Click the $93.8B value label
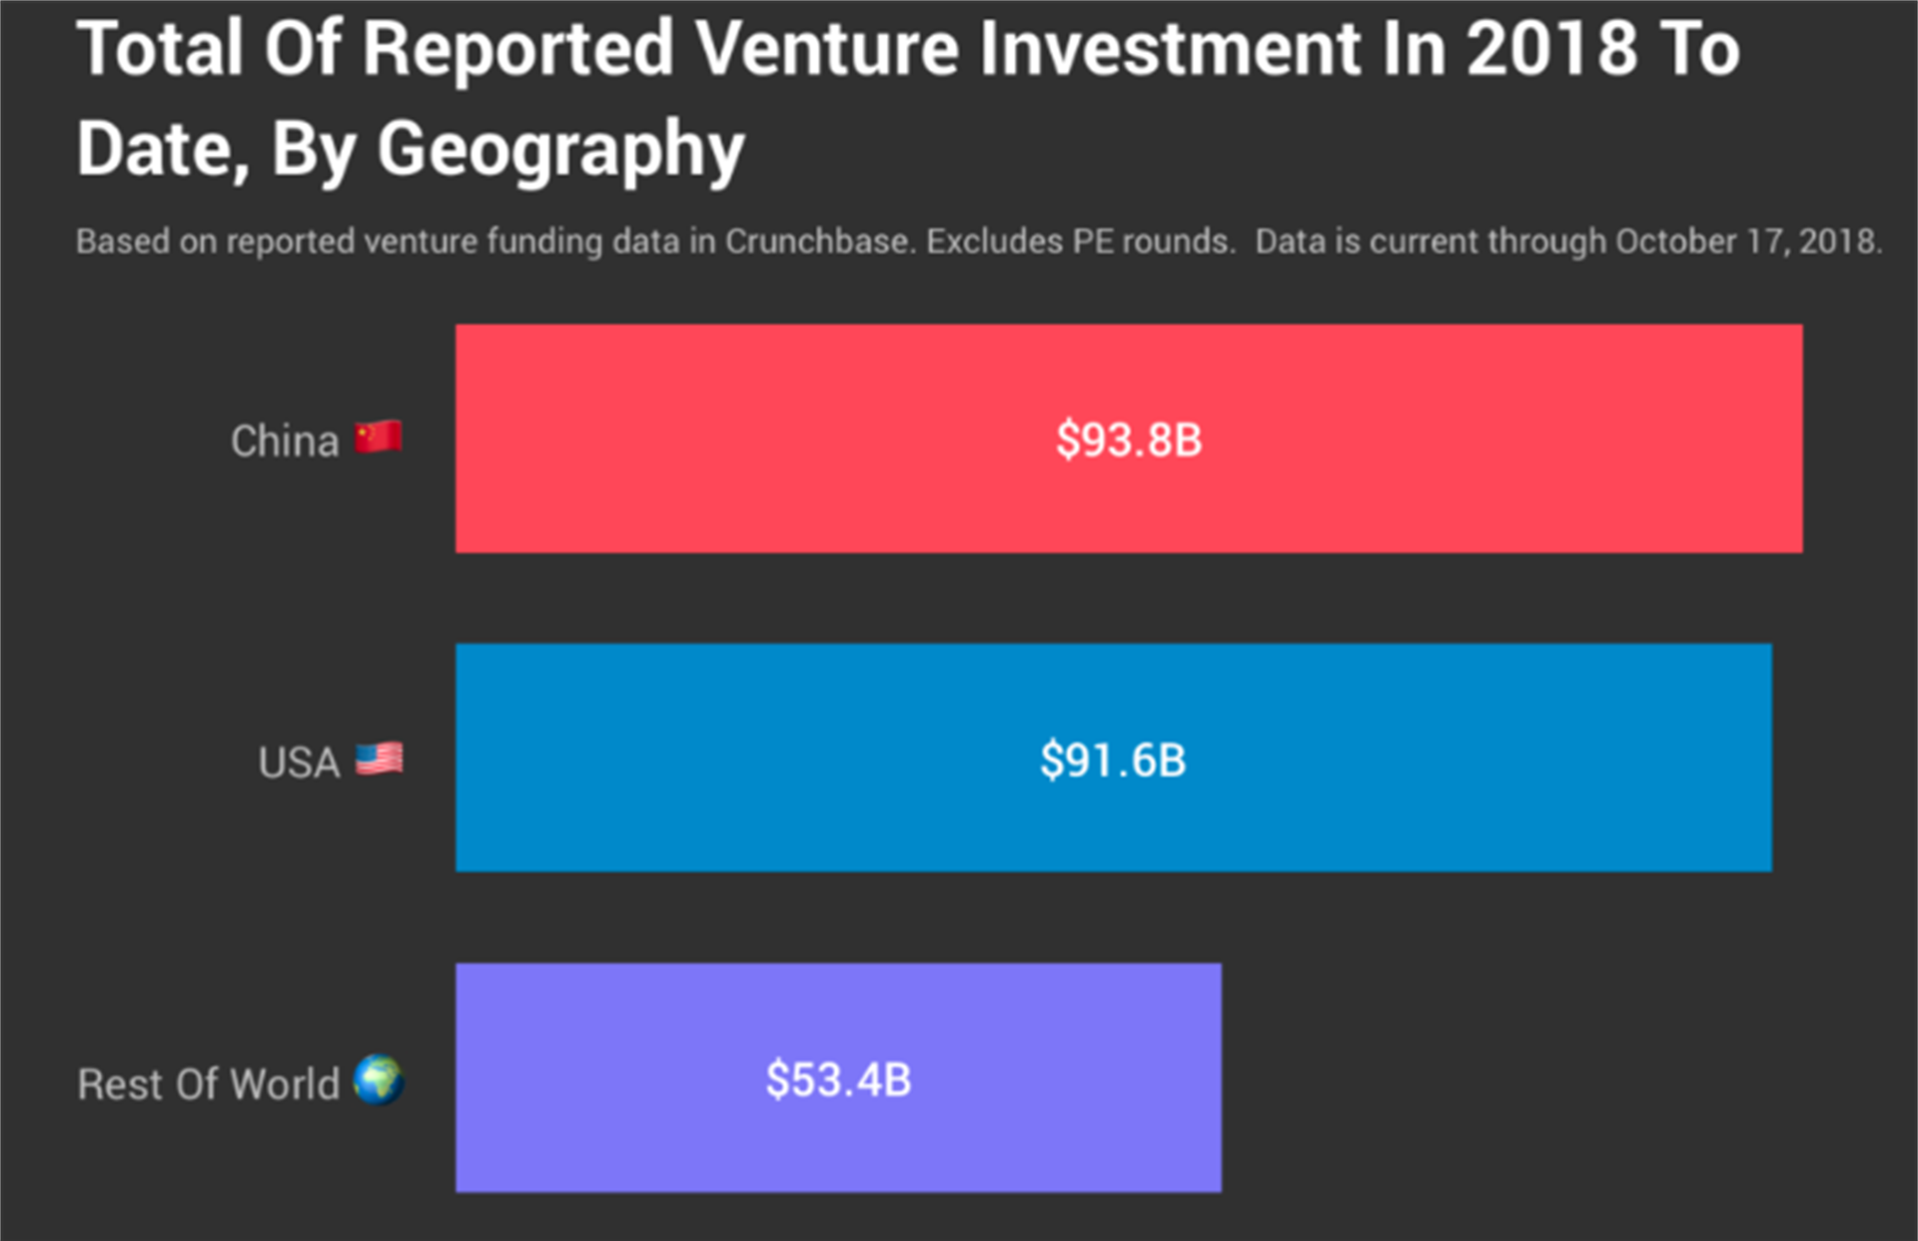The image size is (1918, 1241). pos(1129,440)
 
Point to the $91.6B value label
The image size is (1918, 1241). pos(1113,760)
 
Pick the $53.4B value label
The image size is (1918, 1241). pos(838,1080)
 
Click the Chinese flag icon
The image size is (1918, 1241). pos(379,438)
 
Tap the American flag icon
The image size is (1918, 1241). pos(380,759)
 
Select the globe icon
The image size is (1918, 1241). pos(379,1080)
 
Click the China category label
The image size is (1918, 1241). pos(285,441)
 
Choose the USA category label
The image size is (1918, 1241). pos(299,762)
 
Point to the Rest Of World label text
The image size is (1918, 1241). pos(209,1084)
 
